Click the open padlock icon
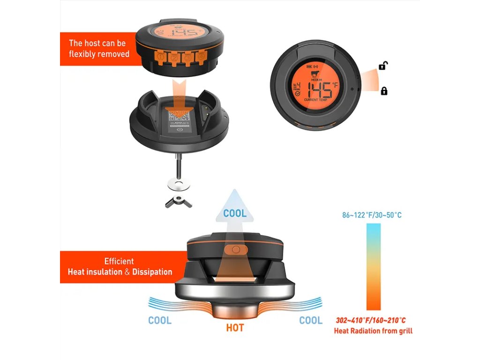[383, 66]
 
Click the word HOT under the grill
[235, 328]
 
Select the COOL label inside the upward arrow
[235, 214]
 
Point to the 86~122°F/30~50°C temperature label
[372, 215]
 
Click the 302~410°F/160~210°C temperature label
[371, 321]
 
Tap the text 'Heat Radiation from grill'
[373, 331]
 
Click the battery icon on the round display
[308, 67]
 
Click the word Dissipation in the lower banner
[152, 272]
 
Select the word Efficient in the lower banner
[119, 261]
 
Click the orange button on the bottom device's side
[236, 250]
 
